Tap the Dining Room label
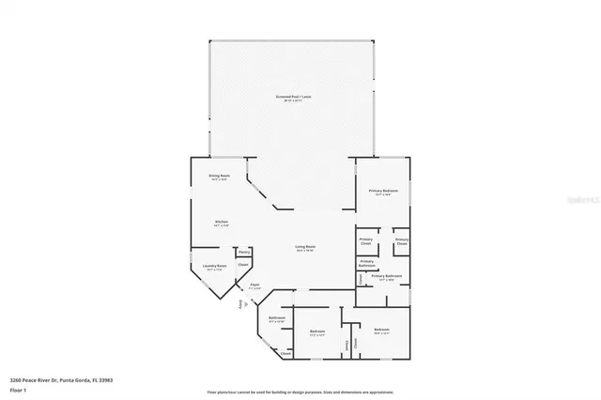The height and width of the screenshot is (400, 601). tap(220, 176)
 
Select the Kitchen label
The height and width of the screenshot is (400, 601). tap(221, 222)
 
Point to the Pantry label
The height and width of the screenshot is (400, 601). tap(243, 253)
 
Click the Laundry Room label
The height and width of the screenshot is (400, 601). tap(215, 266)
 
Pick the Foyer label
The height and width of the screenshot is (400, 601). tap(254, 284)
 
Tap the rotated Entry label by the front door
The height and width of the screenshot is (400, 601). tap(240, 304)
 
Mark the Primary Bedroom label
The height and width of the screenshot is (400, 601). tap(383, 191)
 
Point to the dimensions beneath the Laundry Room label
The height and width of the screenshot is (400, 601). tap(215, 270)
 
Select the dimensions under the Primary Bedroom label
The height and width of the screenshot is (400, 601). tap(383, 195)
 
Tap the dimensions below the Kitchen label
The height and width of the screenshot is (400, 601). tap(221, 226)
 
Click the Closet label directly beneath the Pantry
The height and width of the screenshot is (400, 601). tap(243, 266)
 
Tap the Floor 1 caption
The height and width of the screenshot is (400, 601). tap(17, 391)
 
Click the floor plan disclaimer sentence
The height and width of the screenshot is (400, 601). tap(300, 391)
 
